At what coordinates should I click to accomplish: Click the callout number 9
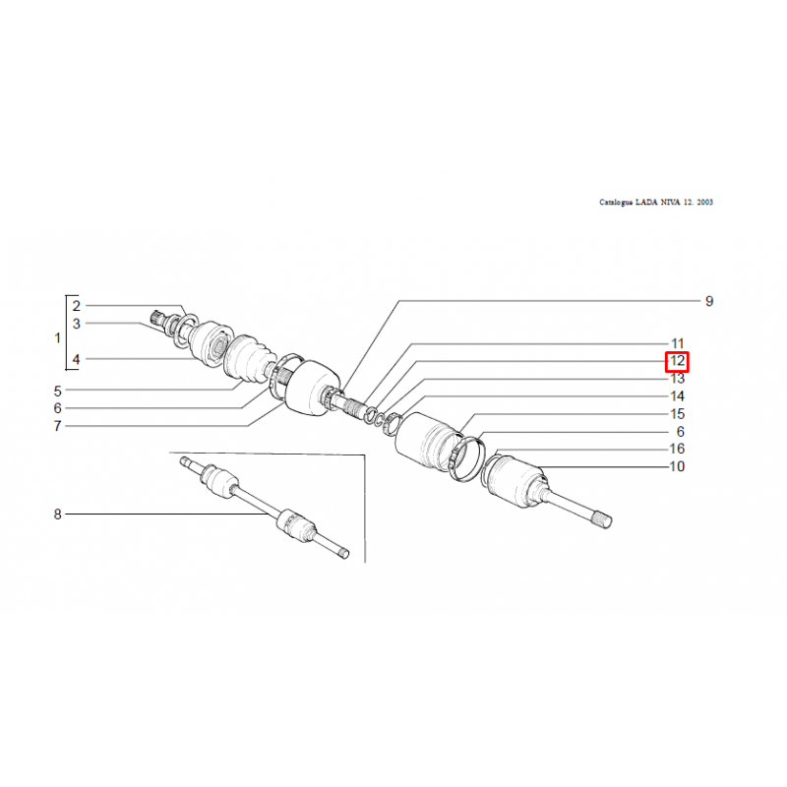tap(708, 301)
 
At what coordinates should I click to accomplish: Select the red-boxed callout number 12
tap(677, 361)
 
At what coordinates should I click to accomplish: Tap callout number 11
tap(678, 343)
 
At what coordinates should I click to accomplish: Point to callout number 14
tap(677, 396)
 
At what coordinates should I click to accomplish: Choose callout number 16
tap(677, 449)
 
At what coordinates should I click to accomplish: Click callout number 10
tap(677, 466)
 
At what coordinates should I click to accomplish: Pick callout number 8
tap(58, 515)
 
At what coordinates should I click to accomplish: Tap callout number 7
tap(58, 426)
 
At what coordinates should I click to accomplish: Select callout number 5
tap(58, 391)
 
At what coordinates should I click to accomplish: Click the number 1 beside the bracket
tap(58, 337)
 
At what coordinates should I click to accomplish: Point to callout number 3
tap(77, 324)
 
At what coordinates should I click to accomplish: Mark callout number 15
tap(677, 414)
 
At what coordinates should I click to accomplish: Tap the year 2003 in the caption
tap(704, 203)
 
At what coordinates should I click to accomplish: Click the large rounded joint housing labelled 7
tap(311, 388)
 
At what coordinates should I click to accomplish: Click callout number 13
tap(677, 379)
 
